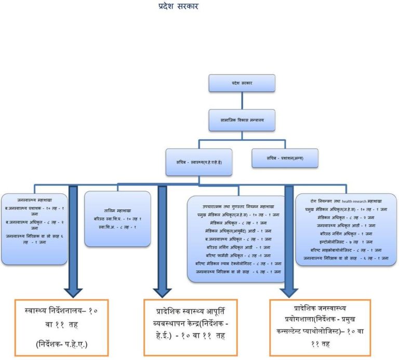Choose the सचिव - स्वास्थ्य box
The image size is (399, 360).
point(198,158)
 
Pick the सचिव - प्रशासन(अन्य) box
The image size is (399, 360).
point(285,158)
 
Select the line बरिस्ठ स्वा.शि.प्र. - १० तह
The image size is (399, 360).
point(117,219)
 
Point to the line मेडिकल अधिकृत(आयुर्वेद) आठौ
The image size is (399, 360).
point(236,231)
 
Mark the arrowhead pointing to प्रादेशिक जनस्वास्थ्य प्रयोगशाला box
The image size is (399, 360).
point(289,291)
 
